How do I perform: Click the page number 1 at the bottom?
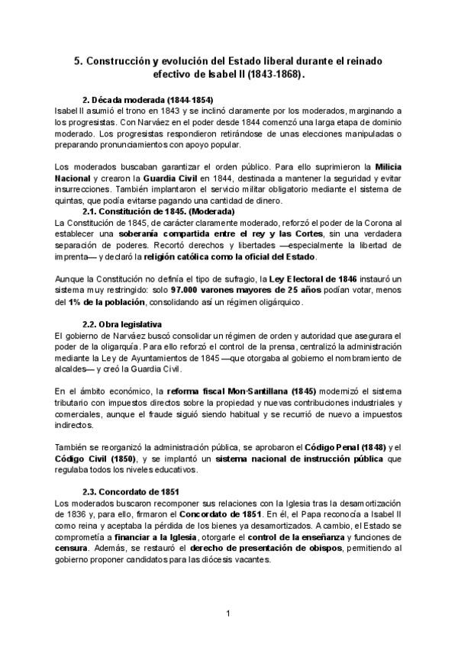(x=228, y=612)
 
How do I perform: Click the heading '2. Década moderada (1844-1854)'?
(x=147, y=100)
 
